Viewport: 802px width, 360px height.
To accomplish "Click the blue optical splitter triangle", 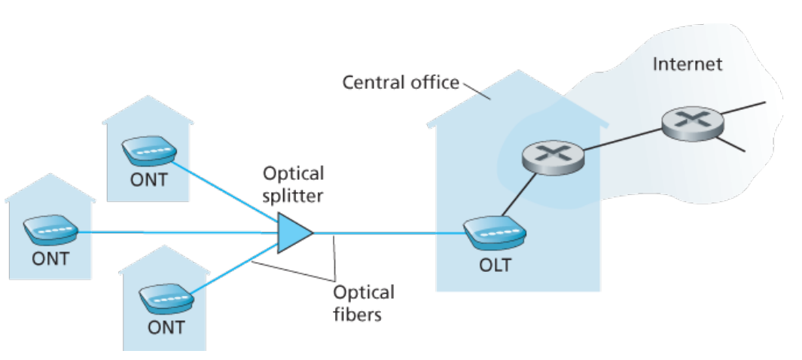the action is (x=293, y=233).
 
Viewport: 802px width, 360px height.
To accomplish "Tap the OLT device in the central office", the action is (x=495, y=233).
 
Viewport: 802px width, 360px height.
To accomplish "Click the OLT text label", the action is (x=495, y=265).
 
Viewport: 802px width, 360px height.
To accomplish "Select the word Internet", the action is (x=688, y=64).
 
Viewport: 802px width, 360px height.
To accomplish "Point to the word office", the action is (x=435, y=82).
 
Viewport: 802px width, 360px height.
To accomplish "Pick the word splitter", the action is (x=293, y=196).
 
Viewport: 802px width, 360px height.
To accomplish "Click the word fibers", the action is (x=358, y=313).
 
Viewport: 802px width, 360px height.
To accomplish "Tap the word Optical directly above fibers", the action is (x=364, y=293).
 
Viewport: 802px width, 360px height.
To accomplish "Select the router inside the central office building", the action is (x=553, y=158).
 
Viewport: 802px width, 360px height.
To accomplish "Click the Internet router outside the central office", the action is (x=693, y=124).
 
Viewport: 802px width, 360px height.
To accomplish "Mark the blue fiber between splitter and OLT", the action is (x=389, y=233).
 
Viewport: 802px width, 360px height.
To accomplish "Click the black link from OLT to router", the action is (x=519, y=195).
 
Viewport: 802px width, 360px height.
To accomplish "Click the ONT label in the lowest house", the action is (x=166, y=328).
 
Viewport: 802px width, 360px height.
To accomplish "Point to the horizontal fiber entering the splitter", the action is (x=178, y=233).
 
